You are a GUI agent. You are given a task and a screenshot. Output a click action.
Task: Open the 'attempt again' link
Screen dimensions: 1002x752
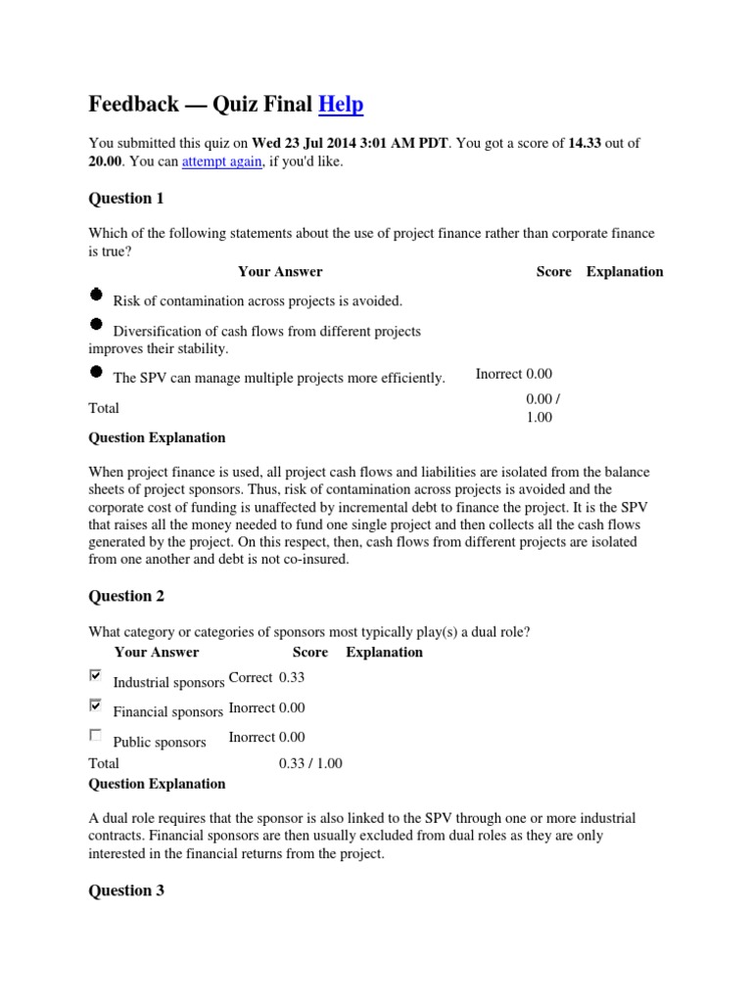tap(221, 161)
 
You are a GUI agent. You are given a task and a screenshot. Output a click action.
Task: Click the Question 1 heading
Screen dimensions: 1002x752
tap(126, 199)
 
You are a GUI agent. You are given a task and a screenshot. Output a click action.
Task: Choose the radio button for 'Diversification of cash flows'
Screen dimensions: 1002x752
tap(96, 325)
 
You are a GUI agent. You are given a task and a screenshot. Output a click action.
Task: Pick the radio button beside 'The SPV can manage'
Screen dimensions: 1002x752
tap(96, 372)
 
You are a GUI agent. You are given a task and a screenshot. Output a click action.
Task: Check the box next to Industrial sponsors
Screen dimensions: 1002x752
tap(95, 675)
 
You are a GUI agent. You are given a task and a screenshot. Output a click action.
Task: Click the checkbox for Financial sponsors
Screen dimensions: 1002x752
tap(95, 705)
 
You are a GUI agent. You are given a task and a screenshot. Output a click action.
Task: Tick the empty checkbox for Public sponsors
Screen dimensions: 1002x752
tap(95, 735)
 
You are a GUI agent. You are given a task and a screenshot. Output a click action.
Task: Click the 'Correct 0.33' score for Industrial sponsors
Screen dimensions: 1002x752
tap(265, 677)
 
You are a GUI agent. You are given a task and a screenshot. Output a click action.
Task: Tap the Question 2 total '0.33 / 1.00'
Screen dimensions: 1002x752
tap(310, 763)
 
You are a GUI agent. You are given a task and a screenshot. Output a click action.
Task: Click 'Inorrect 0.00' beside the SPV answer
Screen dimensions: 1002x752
tap(514, 374)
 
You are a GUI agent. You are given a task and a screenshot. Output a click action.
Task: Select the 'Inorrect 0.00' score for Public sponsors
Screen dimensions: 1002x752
tap(266, 737)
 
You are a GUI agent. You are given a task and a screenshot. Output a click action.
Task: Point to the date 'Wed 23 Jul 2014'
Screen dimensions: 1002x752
tap(305, 143)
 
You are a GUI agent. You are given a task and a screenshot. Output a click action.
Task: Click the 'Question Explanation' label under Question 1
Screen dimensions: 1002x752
tap(157, 437)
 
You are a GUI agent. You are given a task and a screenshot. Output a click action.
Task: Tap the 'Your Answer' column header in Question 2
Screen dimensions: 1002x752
tap(157, 652)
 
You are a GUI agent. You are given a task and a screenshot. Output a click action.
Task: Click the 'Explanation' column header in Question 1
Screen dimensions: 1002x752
tap(625, 271)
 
